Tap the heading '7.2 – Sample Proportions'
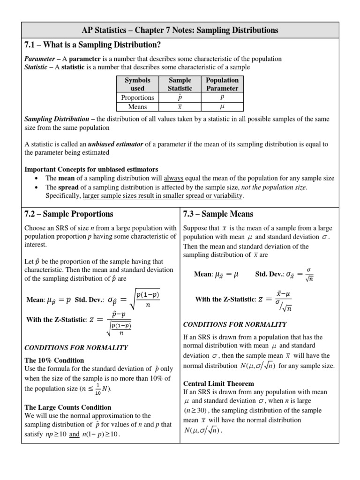pos(69,214)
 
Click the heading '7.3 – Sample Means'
pos(218,214)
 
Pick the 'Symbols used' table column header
pos(137,84)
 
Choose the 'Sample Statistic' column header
pos(180,84)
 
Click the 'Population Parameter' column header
pos(222,84)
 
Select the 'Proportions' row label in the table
pos(137,97)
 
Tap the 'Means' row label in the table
pos(137,107)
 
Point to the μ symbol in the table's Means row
pos(222,107)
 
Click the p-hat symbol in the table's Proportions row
pos(180,97)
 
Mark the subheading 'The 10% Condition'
pos(54,360)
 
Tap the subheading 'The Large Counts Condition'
pos(68,407)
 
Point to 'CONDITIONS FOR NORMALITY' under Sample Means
pos(234,324)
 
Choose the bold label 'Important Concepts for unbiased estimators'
pos(91,169)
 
